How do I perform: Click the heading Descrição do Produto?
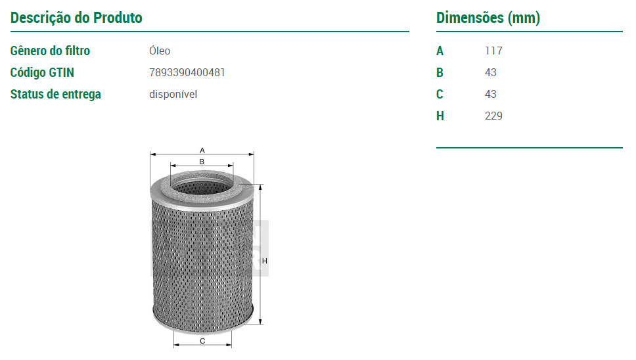coord(76,18)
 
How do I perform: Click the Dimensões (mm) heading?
coord(488,18)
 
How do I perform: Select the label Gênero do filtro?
coord(51,51)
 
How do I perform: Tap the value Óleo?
coord(160,51)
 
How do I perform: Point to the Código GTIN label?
coord(42,72)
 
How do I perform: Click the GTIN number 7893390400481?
coord(187,72)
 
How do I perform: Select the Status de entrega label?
coord(56,94)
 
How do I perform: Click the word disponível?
coord(173,94)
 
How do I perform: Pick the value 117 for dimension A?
coord(493,51)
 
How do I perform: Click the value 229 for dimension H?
coord(493,116)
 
